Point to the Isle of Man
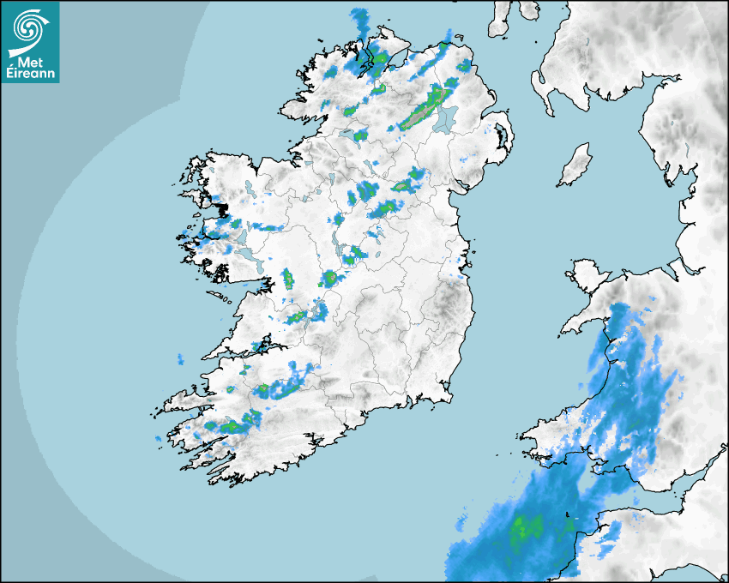(x=575, y=165)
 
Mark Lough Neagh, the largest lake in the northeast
(x=443, y=120)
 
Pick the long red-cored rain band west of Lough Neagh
(x=422, y=109)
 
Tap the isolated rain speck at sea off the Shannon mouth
(x=180, y=358)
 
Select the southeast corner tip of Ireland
(x=448, y=395)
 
